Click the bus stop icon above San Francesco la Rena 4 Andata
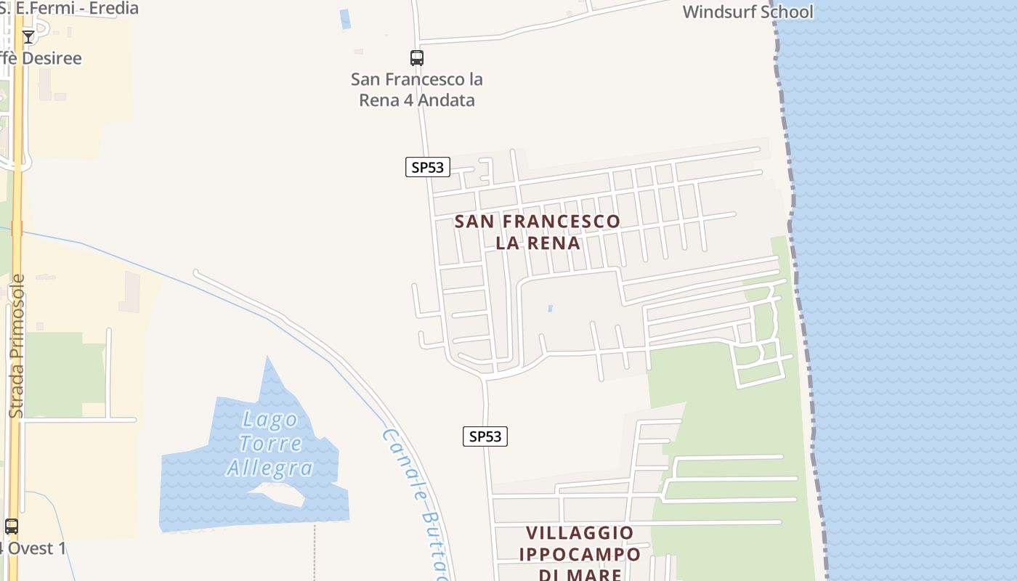click(x=416, y=58)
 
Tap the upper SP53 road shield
click(x=427, y=168)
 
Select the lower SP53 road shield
click(x=485, y=436)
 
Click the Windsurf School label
click(x=747, y=12)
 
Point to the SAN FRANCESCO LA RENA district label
click(x=538, y=232)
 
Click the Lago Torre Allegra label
click(x=270, y=444)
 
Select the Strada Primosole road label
click(x=16, y=346)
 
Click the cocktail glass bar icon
click(x=28, y=37)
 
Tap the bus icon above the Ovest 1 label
click(x=12, y=527)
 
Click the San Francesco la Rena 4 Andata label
click(x=417, y=89)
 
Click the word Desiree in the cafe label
click(x=51, y=58)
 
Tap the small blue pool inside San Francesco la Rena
click(x=550, y=309)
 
